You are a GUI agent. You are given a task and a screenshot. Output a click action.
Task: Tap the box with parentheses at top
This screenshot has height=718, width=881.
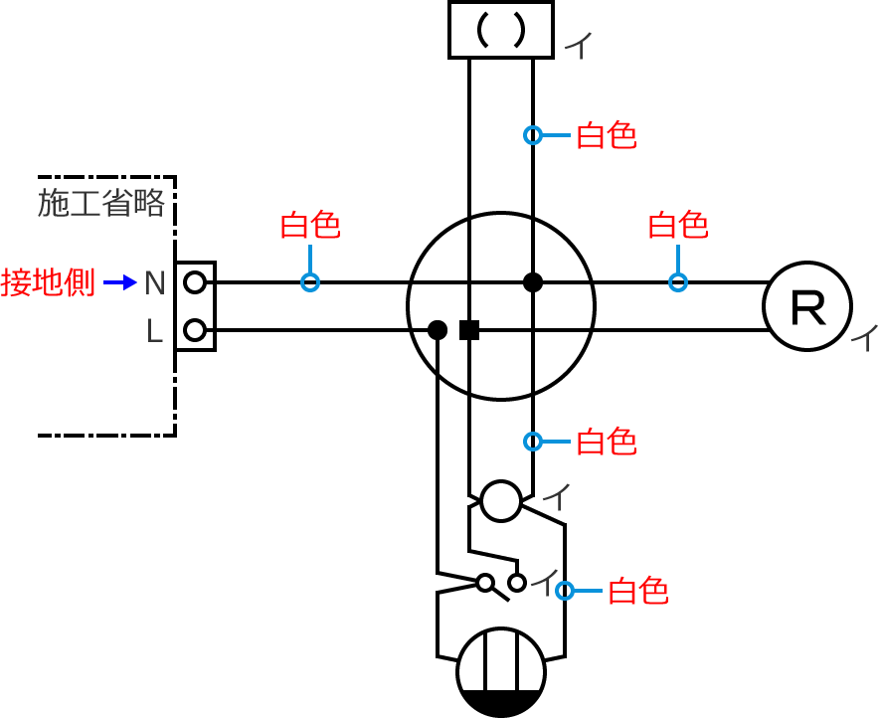tap(500, 30)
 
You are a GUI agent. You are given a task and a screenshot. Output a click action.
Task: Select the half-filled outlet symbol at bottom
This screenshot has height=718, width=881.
tap(500, 672)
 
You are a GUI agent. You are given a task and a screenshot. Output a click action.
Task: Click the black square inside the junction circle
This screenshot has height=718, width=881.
tap(469, 330)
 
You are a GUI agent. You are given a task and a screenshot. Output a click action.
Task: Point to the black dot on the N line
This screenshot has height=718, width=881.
tap(533, 282)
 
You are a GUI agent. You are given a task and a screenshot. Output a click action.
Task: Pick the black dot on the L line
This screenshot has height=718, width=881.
tap(437, 330)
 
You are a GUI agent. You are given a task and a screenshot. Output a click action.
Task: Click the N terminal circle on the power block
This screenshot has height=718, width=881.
tap(195, 282)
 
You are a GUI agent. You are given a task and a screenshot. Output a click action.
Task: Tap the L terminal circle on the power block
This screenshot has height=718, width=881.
tap(195, 330)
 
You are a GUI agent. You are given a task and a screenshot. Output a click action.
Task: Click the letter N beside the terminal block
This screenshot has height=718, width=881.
tap(154, 283)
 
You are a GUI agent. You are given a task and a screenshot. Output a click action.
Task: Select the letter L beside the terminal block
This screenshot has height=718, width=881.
tap(154, 331)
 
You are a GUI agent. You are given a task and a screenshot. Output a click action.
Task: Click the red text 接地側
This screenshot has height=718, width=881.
tap(48, 282)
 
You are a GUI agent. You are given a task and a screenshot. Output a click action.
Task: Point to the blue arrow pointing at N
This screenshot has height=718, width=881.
tap(120, 282)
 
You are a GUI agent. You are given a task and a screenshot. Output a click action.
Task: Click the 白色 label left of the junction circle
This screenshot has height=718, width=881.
tap(310, 226)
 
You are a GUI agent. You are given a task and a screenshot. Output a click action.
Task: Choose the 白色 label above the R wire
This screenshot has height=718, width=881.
tap(678, 226)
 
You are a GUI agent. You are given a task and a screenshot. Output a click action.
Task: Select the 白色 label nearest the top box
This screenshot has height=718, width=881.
tap(607, 135)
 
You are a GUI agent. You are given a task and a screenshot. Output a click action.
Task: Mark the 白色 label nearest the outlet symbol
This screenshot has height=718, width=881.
tap(637, 592)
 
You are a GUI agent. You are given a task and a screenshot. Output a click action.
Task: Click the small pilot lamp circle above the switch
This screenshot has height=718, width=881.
tap(500, 500)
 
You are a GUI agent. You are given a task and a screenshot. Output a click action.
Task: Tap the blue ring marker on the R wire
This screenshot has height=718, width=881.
tap(678, 282)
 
